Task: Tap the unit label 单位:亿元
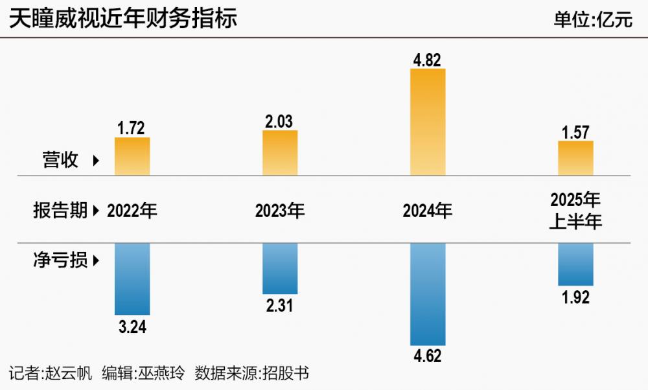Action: pos(592,19)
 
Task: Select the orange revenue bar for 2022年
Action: pos(132,156)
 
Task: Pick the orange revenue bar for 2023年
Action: pos(280,153)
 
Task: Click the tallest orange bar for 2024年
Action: pos(428,122)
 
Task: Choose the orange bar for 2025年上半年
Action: pos(575,158)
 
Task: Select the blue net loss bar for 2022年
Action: pos(132,279)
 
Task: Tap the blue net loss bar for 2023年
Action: pos(280,268)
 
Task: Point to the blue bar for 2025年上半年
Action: pos(575,264)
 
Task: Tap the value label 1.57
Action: pos(575,133)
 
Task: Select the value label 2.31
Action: pos(280,306)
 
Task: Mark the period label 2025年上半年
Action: pos(575,211)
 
